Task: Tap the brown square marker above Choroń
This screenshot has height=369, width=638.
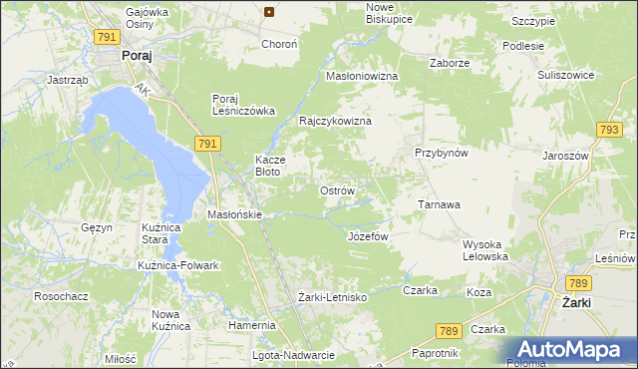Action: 269,12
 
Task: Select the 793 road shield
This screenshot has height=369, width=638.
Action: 609,130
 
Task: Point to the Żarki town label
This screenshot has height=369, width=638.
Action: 578,302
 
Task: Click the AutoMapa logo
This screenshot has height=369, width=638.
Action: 570,350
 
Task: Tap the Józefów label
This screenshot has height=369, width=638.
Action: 367,236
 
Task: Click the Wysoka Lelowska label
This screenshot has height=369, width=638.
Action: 486,250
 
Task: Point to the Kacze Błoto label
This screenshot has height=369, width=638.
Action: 271,166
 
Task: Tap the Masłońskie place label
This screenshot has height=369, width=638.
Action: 234,214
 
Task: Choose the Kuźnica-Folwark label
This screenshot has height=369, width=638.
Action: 177,265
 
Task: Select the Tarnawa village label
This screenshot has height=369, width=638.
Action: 438,204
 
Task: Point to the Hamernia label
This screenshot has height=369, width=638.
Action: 251,325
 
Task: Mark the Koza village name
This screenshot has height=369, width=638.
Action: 478,292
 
